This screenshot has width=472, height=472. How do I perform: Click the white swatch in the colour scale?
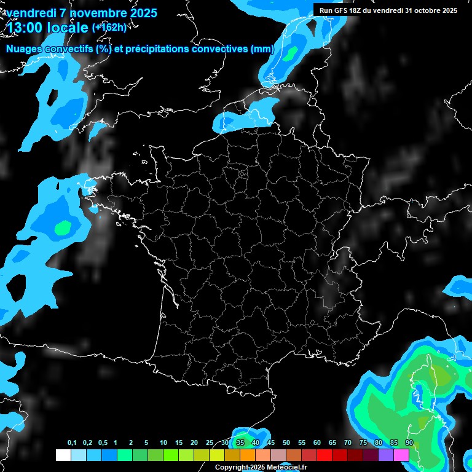coord(63,455)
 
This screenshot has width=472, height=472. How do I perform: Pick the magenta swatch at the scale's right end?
coord(401,455)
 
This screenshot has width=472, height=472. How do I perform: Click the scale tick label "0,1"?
coord(71,442)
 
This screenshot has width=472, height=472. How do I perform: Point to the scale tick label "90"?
coord(409,442)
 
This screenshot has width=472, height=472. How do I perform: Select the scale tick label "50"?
coord(286,442)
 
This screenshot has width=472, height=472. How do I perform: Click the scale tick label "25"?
coord(210,442)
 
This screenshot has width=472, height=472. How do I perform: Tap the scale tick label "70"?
coord(348,442)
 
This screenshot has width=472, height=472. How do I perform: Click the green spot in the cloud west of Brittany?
coord(62,228)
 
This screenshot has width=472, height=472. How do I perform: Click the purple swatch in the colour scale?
coord(386,455)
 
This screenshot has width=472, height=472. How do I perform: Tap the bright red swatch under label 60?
coord(324,455)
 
